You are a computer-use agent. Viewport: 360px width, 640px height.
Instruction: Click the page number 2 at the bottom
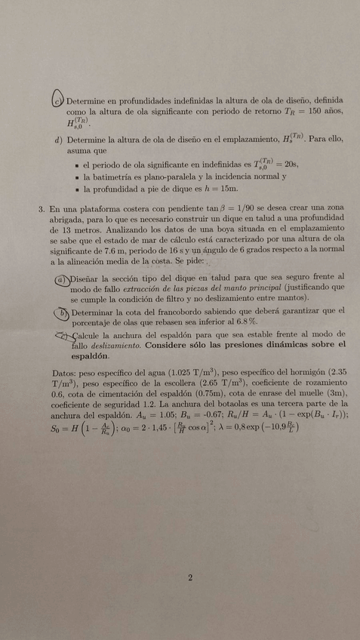190,578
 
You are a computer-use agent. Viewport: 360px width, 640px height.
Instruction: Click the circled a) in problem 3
61,278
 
